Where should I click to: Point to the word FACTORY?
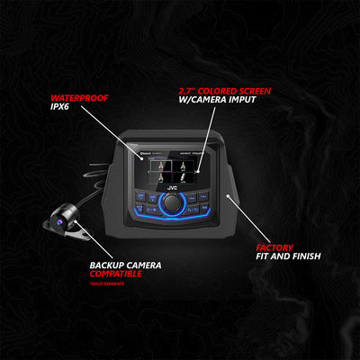pyautogui.click(x=274, y=246)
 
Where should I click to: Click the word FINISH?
pyautogui.click(x=302, y=256)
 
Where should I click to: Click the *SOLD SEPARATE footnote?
pyautogui.click(x=109, y=286)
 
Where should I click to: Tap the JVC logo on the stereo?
pyautogui.click(x=170, y=191)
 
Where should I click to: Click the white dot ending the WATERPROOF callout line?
pyautogui.click(x=130, y=145)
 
